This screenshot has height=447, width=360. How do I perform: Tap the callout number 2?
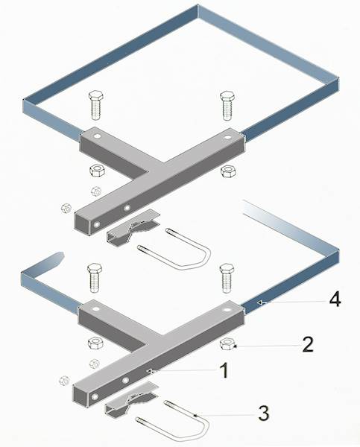click(308, 344)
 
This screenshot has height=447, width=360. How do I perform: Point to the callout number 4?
click(335, 300)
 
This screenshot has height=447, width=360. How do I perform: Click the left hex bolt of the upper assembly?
click(96, 105)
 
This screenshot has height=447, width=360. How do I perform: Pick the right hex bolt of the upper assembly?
click(227, 106)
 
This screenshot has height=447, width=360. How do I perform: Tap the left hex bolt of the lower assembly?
click(95, 278)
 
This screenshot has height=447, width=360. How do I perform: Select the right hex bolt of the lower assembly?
click(227, 278)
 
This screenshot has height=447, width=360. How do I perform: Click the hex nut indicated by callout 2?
click(227, 343)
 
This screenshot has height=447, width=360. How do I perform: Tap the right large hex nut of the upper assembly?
click(228, 171)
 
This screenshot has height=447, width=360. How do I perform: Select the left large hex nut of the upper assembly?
click(98, 171)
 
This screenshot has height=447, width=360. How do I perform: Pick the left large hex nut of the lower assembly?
click(96, 343)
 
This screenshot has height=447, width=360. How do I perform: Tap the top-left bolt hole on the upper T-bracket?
click(98, 136)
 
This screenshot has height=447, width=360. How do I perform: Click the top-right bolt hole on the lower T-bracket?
click(227, 310)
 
